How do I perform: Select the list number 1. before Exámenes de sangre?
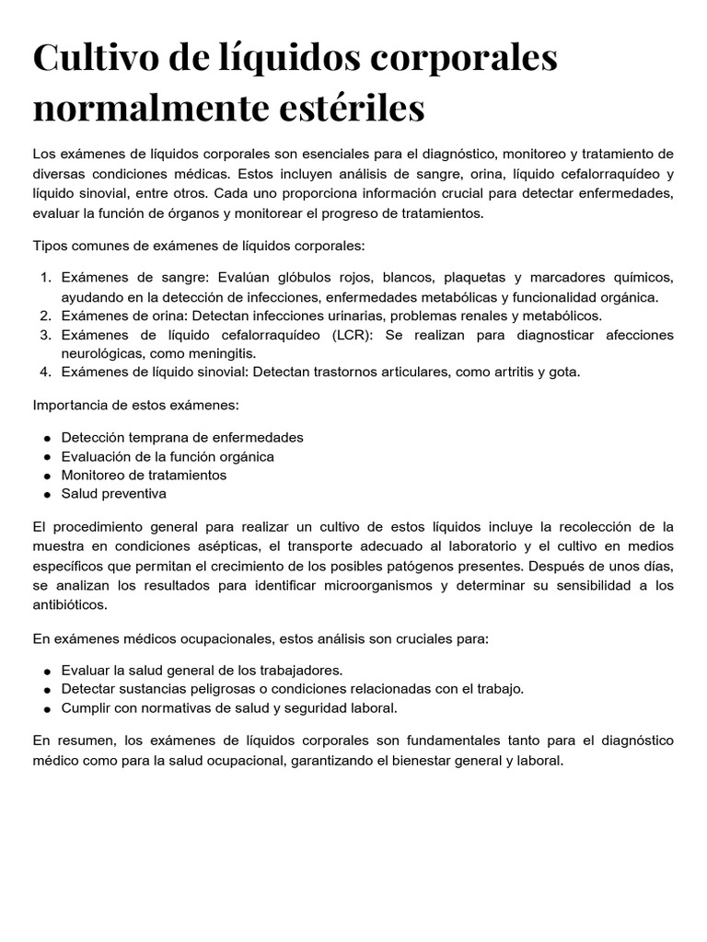pyautogui.click(x=48, y=278)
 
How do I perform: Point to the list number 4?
pyautogui.click(x=48, y=372)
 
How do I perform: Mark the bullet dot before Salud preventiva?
pyautogui.click(x=46, y=494)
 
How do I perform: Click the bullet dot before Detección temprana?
pyautogui.click(x=46, y=438)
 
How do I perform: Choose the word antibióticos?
pyautogui.click(x=69, y=605)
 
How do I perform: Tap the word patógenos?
pyautogui.click(x=447, y=565)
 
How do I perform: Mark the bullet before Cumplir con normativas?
pyautogui.click(x=46, y=708)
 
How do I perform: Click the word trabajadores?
pyautogui.click(x=296, y=670)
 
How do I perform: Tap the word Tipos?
pyautogui.click(x=50, y=246)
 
